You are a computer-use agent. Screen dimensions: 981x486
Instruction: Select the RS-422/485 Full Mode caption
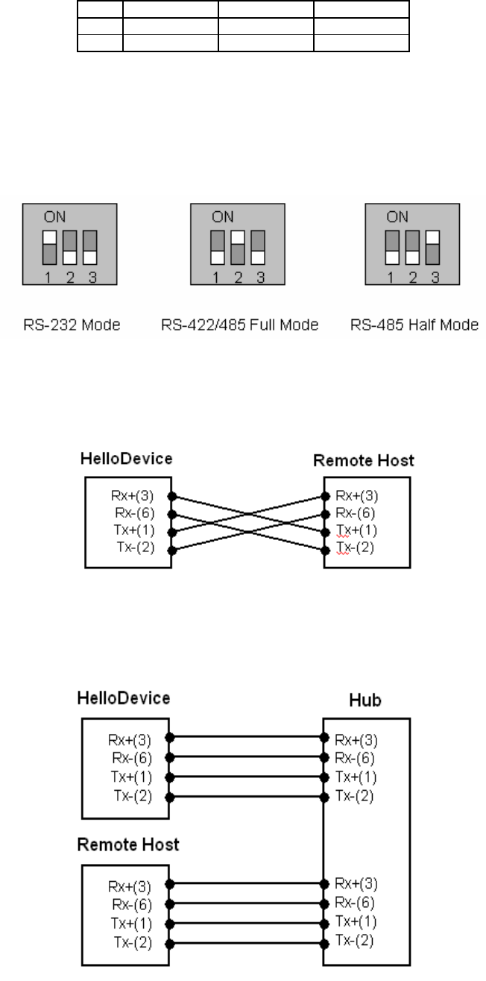240,326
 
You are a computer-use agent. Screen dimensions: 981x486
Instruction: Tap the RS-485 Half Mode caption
412,326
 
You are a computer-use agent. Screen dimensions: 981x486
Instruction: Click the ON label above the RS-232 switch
53,218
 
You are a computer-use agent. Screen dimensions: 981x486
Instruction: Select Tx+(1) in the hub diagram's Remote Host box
136,923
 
